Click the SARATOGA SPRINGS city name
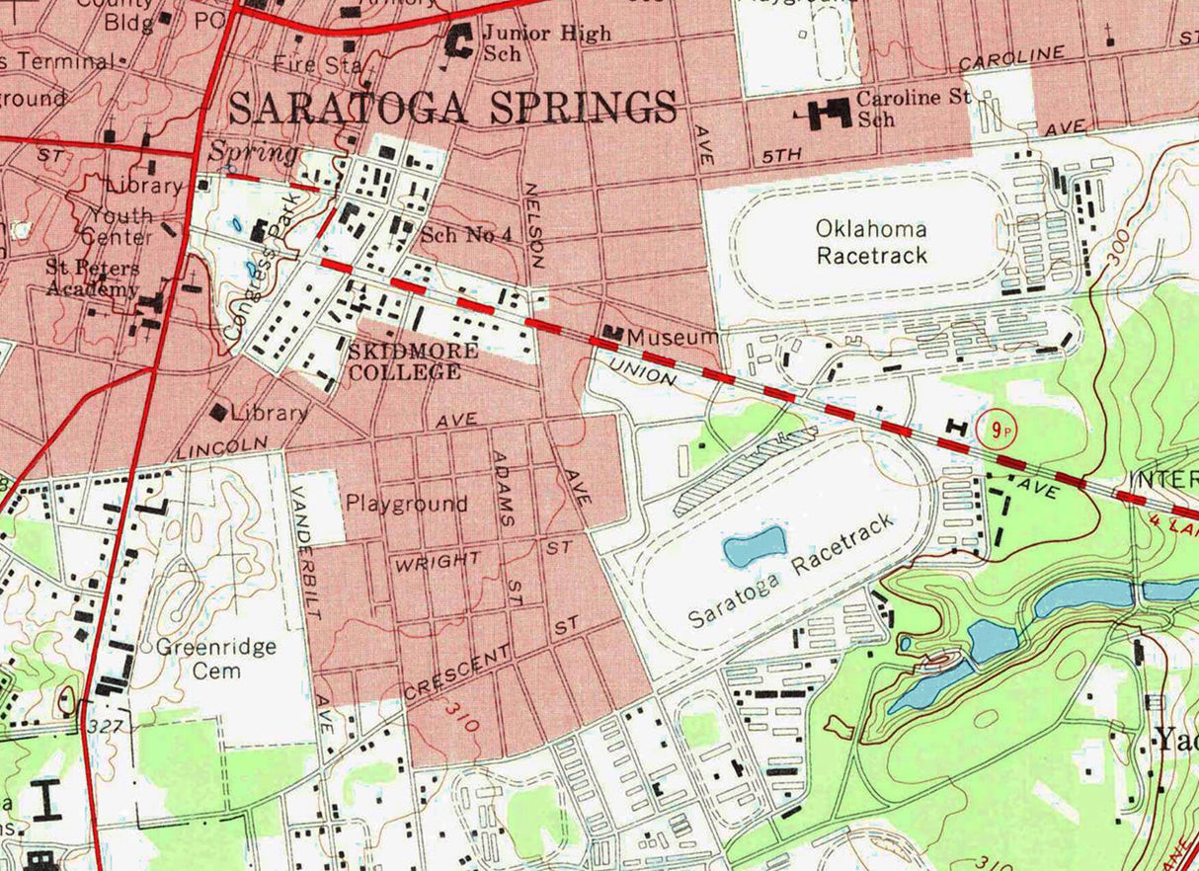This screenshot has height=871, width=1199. tap(453, 108)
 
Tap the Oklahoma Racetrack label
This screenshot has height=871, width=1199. tap(871, 242)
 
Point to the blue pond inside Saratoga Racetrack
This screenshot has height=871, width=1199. tap(755, 546)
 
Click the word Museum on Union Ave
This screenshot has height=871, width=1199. tap(673, 338)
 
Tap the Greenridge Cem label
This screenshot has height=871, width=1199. tap(215, 659)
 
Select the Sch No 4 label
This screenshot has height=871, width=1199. tap(465, 235)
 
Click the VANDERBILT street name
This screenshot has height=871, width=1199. tap(307, 554)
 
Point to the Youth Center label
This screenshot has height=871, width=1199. tap(120, 226)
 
